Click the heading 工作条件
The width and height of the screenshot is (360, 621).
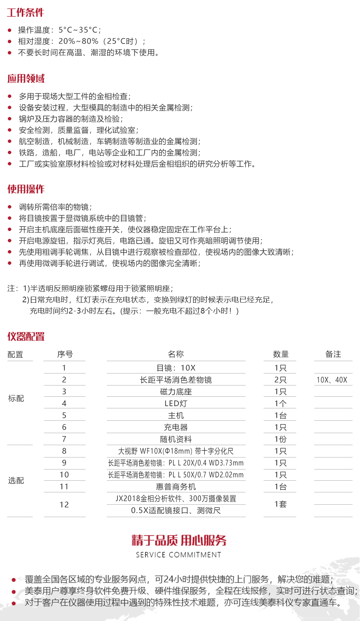[x=25, y=13]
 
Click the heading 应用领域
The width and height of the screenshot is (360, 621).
[x=26, y=78]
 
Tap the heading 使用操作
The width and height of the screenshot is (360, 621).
[x=26, y=189]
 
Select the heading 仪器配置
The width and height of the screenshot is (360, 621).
[x=26, y=336]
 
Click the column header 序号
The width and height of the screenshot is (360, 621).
[x=65, y=354]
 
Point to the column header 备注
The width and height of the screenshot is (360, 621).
[x=333, y=354]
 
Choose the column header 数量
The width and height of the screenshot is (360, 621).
[x=280, y=354]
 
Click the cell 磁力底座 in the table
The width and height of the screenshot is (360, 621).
[x=176, y=392]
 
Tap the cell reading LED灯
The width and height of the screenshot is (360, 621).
[x=176, y=403]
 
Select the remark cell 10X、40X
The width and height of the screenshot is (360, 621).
[x=332, y=380]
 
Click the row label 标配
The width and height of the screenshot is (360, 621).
[x=16, y=399]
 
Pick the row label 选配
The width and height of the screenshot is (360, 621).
[x=16, y=481]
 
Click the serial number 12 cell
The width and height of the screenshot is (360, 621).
[x=64, y=505]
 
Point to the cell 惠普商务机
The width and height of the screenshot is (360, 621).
[x=176, y=487]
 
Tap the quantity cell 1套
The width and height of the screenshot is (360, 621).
[x=280, y=504]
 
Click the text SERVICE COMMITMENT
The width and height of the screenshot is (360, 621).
[x=178, y=555]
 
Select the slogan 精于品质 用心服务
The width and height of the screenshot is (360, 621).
[x=179, y=540]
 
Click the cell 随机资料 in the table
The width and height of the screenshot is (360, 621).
[x=176, y=439]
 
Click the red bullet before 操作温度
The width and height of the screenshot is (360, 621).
[x=10, y=30]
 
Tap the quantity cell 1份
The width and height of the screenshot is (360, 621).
[x=280, y=439]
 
